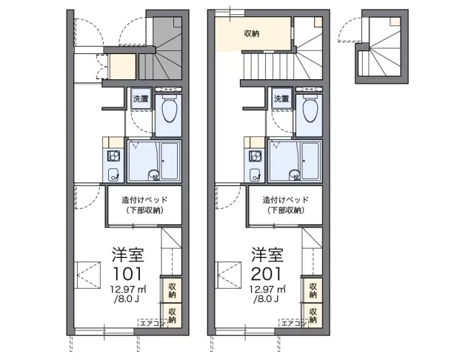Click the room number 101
click(127, 273)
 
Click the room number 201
click(267, 273)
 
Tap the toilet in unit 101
click(170, 110)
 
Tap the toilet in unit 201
click(310, 110)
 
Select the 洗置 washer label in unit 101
click(141, 99)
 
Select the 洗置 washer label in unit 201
click(281, 99)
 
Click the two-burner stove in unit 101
click(113, 156)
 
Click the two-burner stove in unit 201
click(255, 156)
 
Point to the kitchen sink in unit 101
click(113, 174)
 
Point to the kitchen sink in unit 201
click(255, 174)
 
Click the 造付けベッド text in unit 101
click(144, 200)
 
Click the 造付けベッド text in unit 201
click(285, 200)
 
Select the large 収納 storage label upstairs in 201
click(252, 33)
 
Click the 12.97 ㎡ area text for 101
click(128, 290)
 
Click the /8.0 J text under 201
click(267, 299)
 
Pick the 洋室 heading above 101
click(128, 255)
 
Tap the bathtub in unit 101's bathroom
click(170, 161)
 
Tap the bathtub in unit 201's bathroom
click(310, 161)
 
